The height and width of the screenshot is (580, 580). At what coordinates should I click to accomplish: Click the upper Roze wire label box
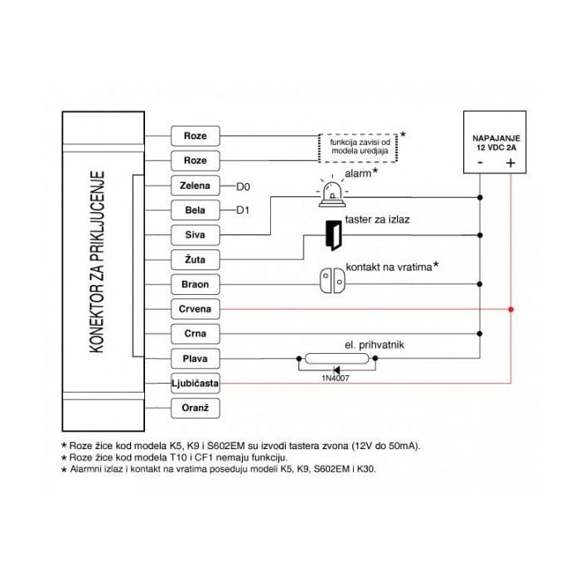[x=196, y=136]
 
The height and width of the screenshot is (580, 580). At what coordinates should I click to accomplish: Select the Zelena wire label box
[x=196, y=186]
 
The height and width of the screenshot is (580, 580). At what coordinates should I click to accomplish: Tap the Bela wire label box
[x=196, y=210]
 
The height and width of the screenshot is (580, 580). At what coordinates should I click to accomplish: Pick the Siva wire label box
[x=196, y=234]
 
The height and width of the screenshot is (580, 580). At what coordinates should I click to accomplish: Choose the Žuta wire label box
[x=196, y=259]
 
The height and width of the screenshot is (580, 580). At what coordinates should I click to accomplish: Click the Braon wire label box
[x=196, y=284]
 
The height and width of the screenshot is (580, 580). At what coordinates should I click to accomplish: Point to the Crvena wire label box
[x=196, y=309]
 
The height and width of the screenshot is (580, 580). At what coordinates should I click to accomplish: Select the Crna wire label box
[x=196, y=334]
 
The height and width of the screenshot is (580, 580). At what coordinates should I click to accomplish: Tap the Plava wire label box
[x=196, y=359]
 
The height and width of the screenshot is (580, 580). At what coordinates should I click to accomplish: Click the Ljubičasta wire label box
[x=196, y=383]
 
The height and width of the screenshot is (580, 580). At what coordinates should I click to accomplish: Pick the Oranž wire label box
[x=196, y=408]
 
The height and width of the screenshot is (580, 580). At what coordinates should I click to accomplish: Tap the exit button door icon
[x=333, y=235]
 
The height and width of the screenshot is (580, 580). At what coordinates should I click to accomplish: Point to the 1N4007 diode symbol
[x=336, y=370]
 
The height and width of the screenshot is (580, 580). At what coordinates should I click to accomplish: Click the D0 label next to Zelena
[x=243, y=186]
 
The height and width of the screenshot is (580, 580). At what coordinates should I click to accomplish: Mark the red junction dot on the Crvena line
[x=511, y=309]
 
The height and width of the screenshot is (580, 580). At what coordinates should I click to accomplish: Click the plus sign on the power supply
[x=510, y=162]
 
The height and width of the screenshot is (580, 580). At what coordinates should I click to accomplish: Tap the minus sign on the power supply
[x=480, y=162]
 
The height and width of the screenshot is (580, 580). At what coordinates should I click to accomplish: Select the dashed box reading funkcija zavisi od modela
[x=358, y=147]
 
